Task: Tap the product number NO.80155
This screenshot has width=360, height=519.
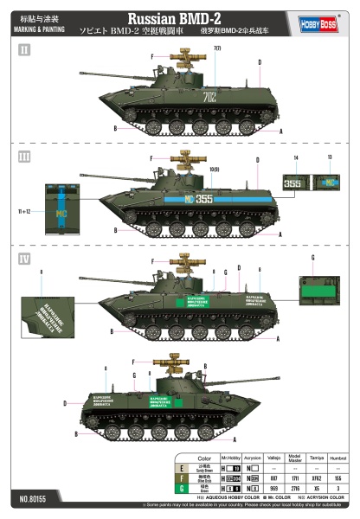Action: point(33,498)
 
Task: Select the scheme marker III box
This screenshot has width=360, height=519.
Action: point(24,156)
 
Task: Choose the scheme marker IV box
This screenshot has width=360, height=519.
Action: point(24,259)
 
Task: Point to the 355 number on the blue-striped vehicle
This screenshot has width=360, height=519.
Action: point(202,198)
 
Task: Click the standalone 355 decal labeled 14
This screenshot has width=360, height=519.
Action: point(295,183)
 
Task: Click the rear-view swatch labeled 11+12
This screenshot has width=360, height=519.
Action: point(61,210)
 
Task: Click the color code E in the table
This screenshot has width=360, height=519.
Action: point(181,469)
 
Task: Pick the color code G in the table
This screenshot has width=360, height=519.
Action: point(181,489)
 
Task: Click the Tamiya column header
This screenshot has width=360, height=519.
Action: point(317,458)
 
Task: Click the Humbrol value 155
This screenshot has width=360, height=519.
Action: point(337,478)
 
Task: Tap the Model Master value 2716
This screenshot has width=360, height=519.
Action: point(295,489)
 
